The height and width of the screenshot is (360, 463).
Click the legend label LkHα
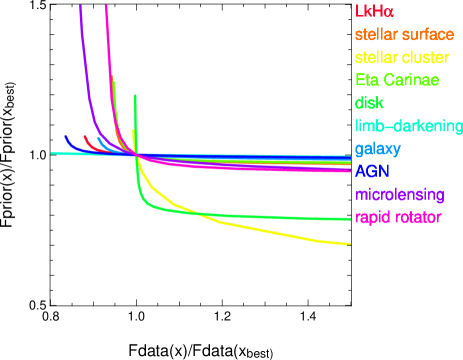[x=375, y=13]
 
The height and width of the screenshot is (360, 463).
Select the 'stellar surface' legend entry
[x=404, y=36]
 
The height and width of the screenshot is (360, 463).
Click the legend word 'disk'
[x=369, y=102]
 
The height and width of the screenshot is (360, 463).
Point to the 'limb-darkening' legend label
[x=408, y=126]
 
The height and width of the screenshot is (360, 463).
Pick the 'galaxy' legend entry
[x=378, y=149]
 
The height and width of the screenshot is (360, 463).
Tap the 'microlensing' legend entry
[x=398, y=194]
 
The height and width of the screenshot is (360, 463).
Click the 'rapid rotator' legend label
[x=398, y=217]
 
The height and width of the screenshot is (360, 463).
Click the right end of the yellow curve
[x=349, y=244]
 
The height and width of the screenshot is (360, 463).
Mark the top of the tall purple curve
[x=80, y=5]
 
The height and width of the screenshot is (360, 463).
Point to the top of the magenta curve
[x=106, y=5]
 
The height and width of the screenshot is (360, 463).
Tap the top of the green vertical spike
[x=135, y=94]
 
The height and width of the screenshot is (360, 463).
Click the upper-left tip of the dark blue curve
[x=65, y=136]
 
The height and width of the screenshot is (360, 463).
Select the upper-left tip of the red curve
[x=85, y=137]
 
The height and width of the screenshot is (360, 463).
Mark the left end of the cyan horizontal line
[x=52, y=154]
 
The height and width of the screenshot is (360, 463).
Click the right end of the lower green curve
[x=349, y=219]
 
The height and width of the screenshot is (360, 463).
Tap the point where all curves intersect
[x=135, y=153]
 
